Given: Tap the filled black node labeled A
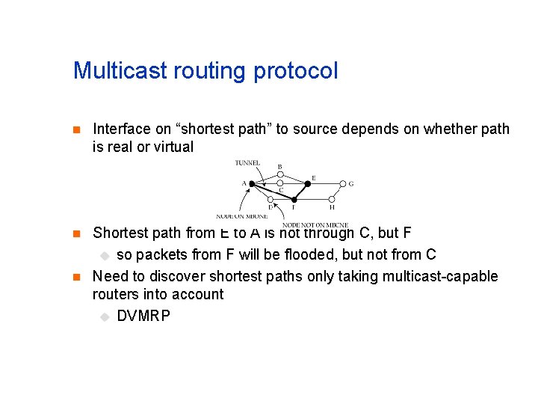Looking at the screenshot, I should (x=252, y=183).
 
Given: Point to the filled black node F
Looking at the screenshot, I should (x=294, y=201).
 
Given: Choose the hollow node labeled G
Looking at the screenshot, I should (x=343, y=183).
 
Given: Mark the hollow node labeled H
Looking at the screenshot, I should (x=332, y=201).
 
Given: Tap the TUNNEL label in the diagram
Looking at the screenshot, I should (x=247, y=162).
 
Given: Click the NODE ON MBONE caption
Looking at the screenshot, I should (x=241, y=216).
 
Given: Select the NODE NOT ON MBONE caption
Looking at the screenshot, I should (x=315, y=224).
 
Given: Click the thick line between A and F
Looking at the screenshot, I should (x=273, y=192).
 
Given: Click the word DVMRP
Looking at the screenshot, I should (x=143, y=316).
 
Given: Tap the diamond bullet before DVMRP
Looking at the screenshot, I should (x=105, y=316).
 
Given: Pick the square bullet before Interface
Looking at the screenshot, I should (x=75, y=129).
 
